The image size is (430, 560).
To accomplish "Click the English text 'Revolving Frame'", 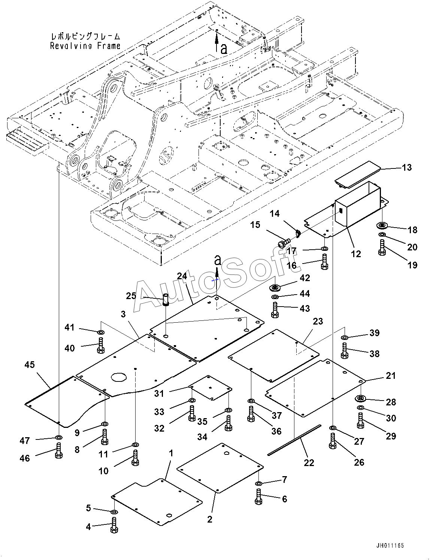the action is pos(85,46).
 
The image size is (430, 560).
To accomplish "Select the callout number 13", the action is pos(407,167).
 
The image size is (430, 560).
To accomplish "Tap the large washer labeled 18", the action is pos(382,226).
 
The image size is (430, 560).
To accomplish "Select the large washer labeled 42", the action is pos(275,287).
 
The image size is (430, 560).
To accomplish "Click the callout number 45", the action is pos(30,365).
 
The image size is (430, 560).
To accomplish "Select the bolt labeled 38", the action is pos(345,351).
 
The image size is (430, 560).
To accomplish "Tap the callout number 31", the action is pos(159,393).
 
